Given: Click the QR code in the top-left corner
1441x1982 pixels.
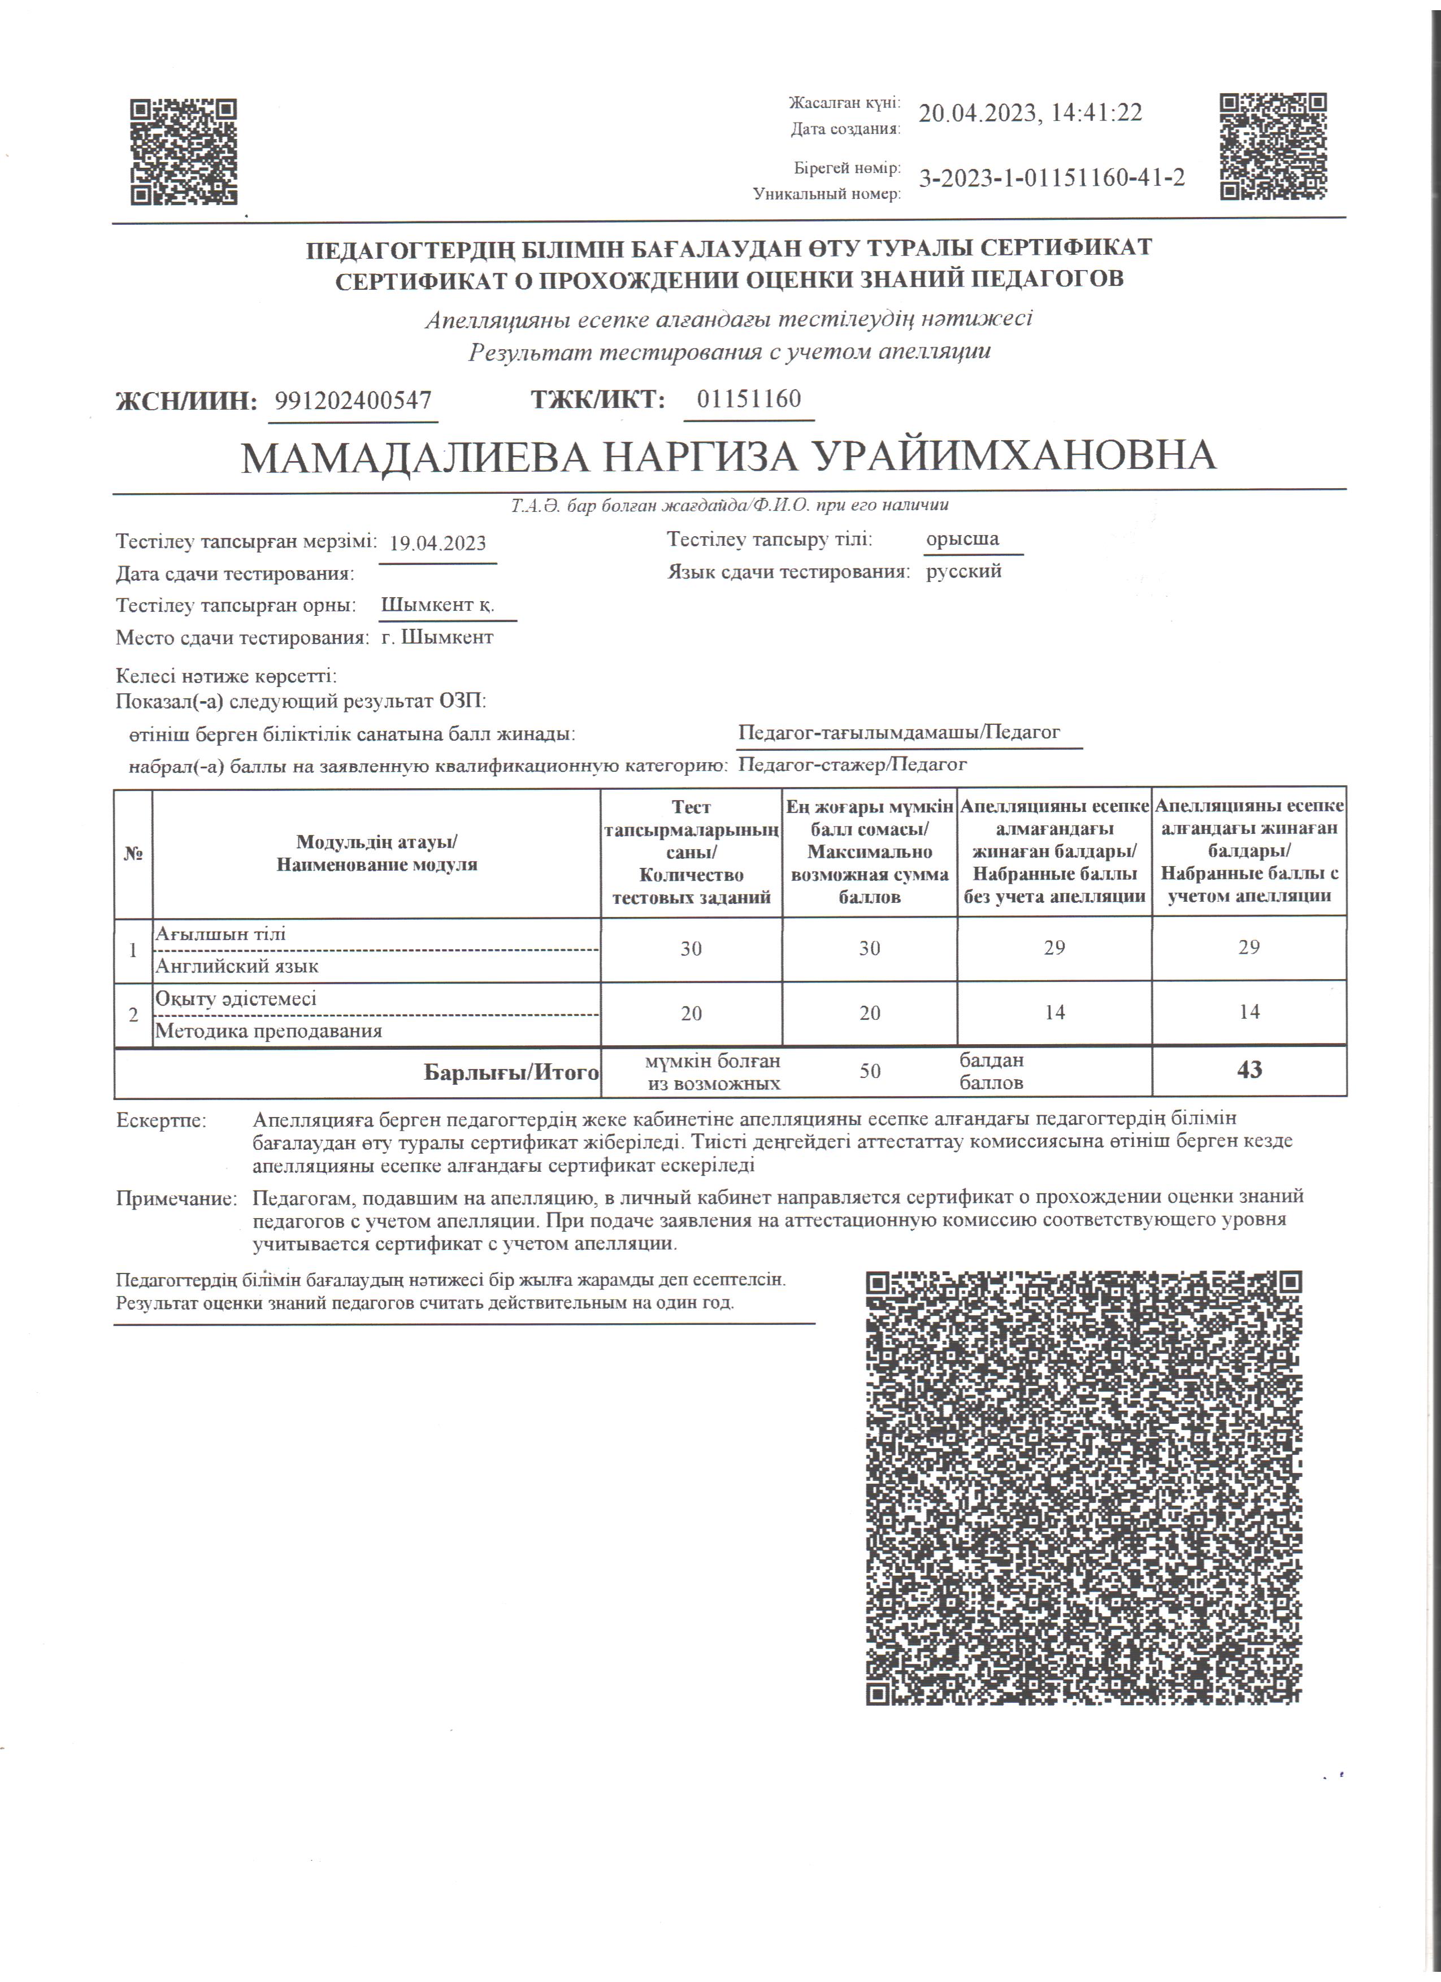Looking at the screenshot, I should point(184,152).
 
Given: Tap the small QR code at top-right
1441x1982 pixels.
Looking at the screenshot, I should point(1273,146).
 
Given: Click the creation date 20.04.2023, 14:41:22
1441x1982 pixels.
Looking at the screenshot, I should point(1030,114).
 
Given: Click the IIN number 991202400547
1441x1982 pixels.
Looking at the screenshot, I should point(353,401).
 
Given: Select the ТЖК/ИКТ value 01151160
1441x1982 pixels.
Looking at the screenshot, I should point(749,399).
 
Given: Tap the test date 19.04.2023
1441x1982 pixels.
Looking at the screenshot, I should point(438,544).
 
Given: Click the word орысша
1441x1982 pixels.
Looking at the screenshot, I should point(962,539).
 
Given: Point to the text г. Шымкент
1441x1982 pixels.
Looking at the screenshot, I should point(437,638).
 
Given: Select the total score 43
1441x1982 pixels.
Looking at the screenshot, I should point(1249,1070).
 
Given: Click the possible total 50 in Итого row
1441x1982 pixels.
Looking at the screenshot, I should point(870,1071).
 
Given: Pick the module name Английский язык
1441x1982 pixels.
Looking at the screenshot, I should point(237,967).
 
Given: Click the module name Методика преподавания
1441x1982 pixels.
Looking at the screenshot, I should point(268,1031).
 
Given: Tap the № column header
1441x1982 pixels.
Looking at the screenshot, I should point(133,854).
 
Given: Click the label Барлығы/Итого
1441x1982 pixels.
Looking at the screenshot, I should point(511,1072).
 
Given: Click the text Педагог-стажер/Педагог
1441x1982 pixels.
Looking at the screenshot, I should point(852,764).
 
